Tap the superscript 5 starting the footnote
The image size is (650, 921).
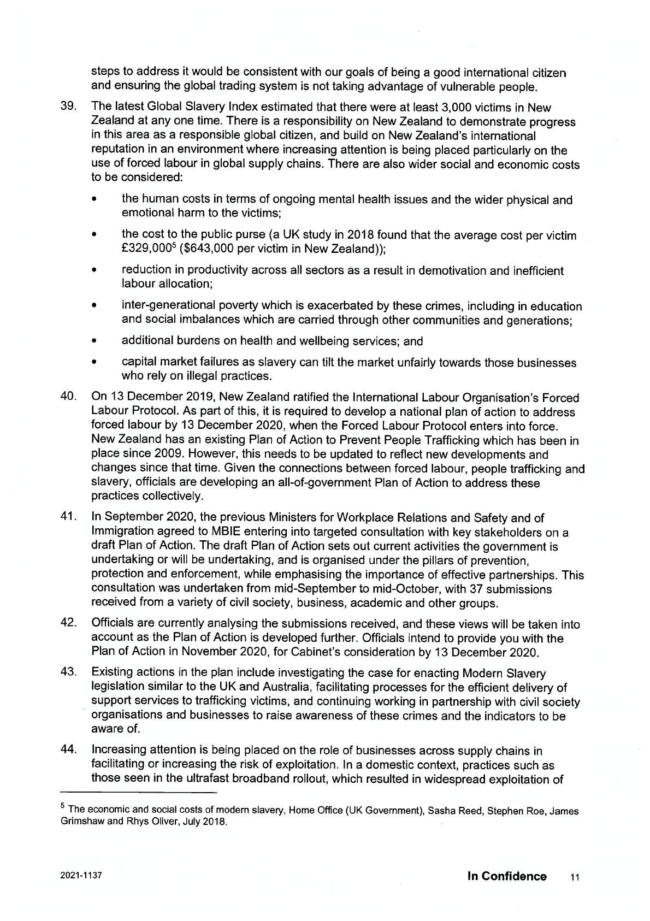[x=63, y=805]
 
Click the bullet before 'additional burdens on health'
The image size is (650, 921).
[x=95, y=342]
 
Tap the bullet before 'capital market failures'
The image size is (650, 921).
[x=95, y=363]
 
